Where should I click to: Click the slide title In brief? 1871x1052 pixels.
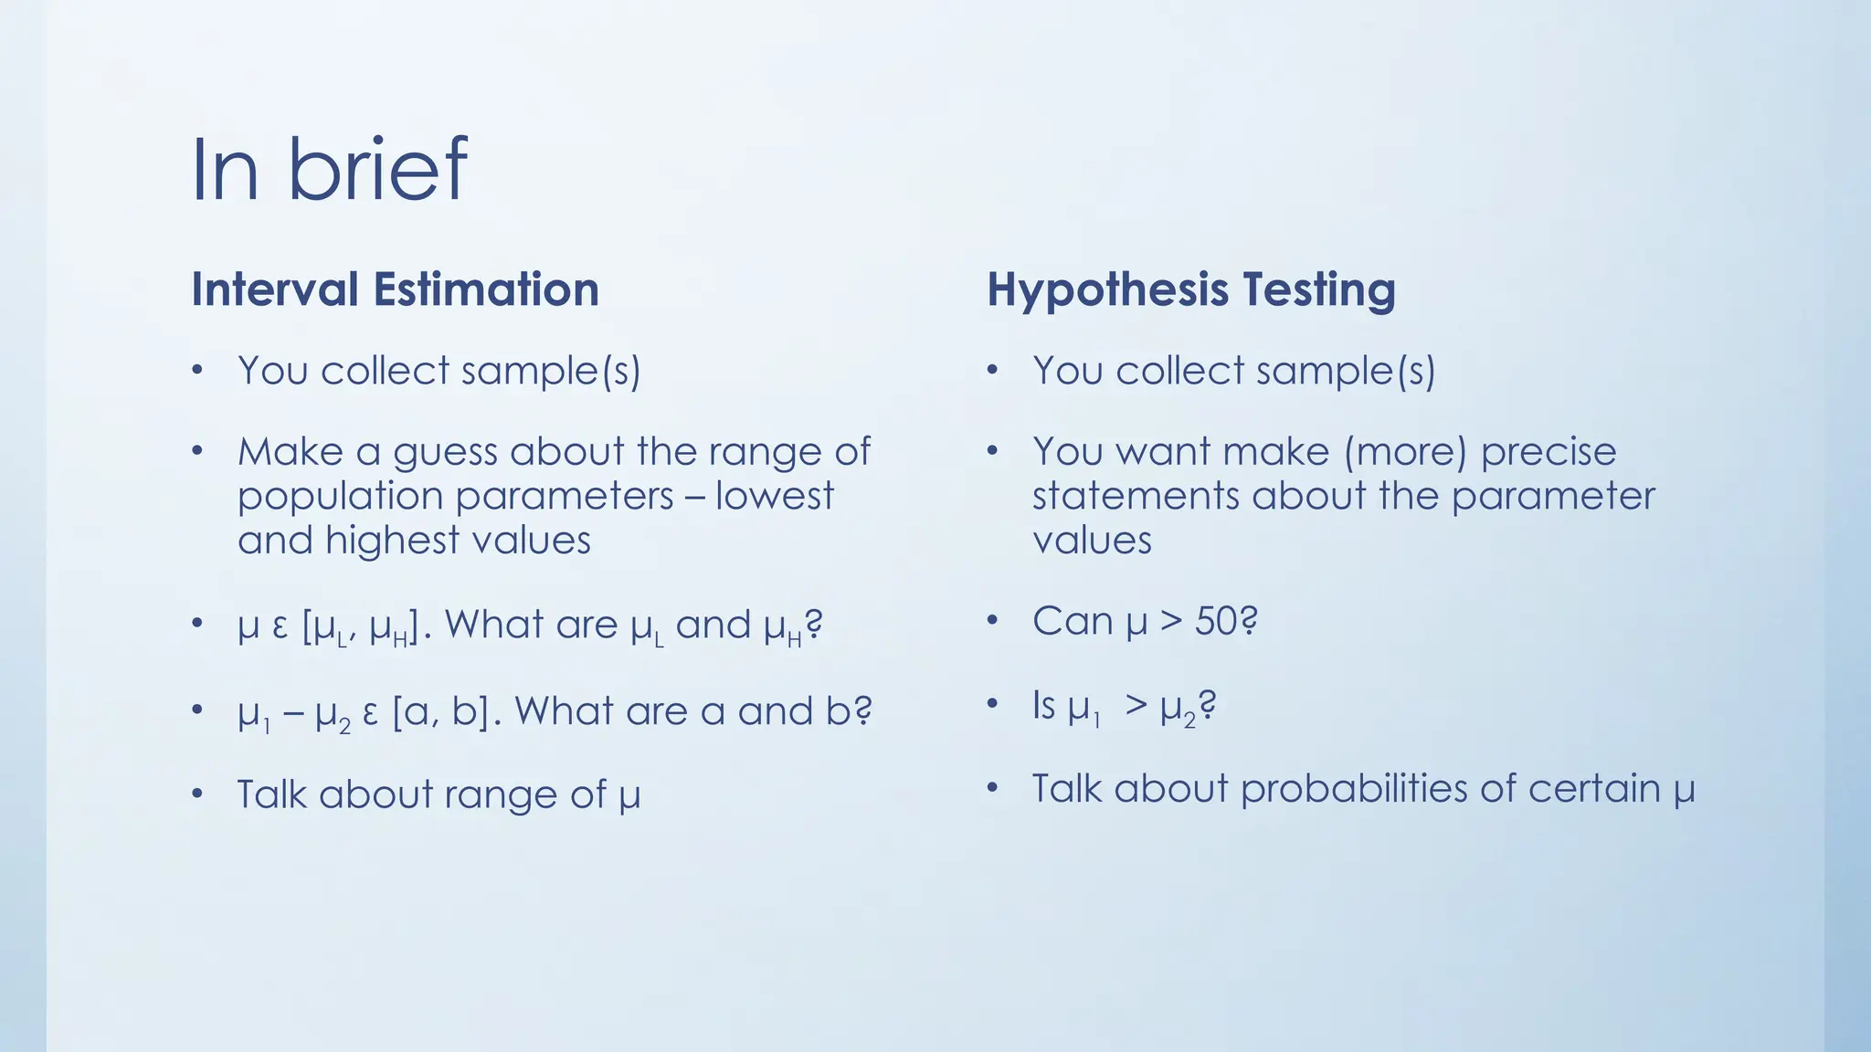click(329, 170)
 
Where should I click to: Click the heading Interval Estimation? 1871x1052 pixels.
click(395, 289)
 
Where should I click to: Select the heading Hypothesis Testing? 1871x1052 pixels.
click(1190, 289)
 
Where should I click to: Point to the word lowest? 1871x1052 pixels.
click(775, 496)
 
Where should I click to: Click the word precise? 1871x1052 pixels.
click(1549, 452)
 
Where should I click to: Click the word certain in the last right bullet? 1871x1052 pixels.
click(1594, 789)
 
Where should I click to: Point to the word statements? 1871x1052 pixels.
click(1136, 496)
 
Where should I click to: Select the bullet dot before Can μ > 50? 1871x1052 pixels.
click(993, 622)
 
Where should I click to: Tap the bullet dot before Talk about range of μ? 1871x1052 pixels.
click(197, 794)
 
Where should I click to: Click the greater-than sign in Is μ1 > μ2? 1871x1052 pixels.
click(1136, 705)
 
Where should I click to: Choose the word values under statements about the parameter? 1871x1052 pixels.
click(1092, 541)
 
